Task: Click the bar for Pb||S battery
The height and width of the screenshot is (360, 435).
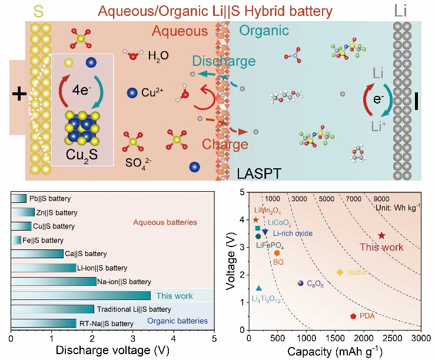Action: click(19, 198)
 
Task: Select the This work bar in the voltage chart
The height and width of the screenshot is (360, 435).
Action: click(81, 295)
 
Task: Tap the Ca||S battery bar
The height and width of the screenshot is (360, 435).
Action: click(37, 254)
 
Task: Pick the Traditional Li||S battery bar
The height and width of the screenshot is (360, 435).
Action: click(52, 309)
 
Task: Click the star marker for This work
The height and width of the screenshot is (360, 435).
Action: click(382, 235)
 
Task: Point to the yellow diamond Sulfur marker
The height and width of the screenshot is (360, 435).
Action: click(340, 272)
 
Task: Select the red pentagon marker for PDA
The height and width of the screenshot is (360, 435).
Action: click(353, 316)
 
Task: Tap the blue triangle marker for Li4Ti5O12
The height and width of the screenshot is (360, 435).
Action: click(258, 288)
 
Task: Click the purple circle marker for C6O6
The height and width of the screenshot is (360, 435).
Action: click(300, 283)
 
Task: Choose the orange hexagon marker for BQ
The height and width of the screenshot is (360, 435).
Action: click(277, 253)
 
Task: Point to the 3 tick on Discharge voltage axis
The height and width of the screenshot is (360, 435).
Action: click(133, 338)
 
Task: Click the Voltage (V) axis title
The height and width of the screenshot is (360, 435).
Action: click(231, 261)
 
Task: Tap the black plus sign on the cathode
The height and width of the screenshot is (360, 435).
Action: click(19, 94)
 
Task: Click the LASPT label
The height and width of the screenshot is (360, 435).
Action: click(259, 174)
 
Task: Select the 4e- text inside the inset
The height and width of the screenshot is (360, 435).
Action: click(81, 90)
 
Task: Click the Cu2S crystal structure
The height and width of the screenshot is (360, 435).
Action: click(82, 128)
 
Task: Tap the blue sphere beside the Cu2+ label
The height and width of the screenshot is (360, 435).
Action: click(132, 93)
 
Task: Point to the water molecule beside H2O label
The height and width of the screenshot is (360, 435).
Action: click(134, 54)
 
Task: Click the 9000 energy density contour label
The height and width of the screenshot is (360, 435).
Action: click(381, 198)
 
